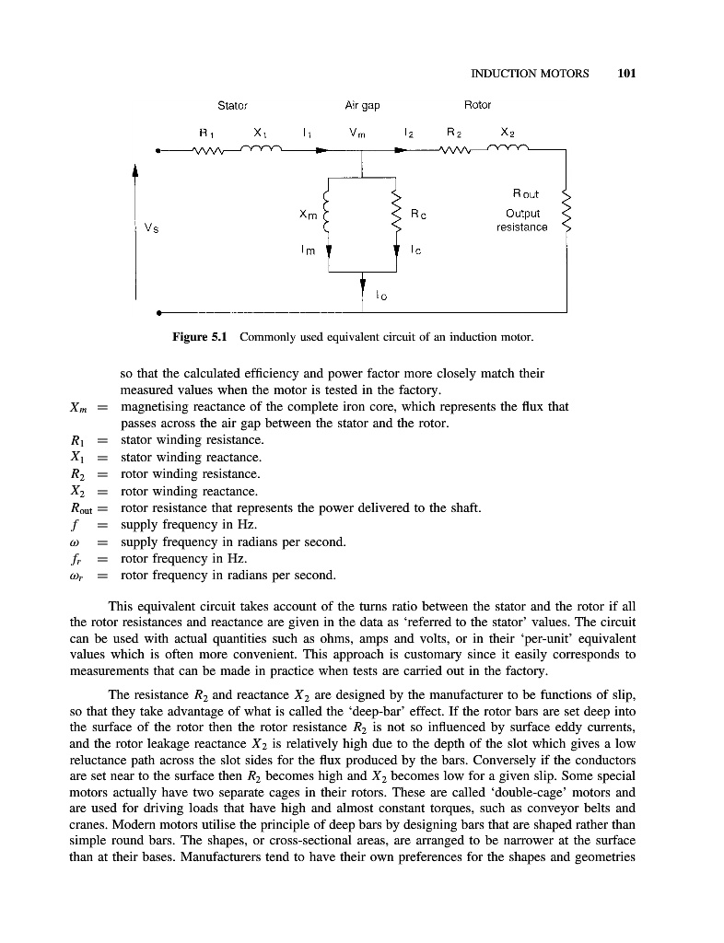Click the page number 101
click(x=629, y=74)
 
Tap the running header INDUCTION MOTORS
click(x=530, y=74)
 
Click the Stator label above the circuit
click(x=232, y=105)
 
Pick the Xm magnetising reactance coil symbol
click(x=328, y=214)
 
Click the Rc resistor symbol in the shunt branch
click(x=397, y=214)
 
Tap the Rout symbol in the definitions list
click(x=84, y=508)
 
